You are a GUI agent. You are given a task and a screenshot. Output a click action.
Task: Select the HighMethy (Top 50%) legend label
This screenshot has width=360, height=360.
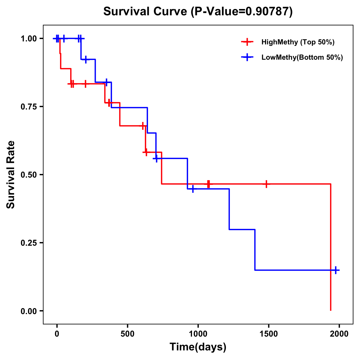click(x=298, y=42)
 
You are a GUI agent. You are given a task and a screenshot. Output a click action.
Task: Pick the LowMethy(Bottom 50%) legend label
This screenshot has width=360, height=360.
click(x=302, y=58)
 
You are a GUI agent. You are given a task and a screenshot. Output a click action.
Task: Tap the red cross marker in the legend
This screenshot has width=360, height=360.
click(x=247, y=42)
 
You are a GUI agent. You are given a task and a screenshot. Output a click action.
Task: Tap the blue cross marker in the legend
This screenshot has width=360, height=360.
click(x=247, y=58)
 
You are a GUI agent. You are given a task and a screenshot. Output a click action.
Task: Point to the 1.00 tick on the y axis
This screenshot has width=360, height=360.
click(x=28, y=39)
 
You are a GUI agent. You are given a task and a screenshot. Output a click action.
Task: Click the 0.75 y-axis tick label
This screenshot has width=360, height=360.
click(x=28, y=107)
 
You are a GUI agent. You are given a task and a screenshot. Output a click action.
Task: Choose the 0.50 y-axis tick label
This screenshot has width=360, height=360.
click(x=28, y=175)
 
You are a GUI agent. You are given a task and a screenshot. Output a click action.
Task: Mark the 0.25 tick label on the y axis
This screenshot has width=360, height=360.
click(x=28, y=243)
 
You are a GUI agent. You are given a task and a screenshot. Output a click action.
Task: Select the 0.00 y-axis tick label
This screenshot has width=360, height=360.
click(x=28, y=311)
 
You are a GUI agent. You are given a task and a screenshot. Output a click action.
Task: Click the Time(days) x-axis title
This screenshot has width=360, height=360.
click(x=198, y=347)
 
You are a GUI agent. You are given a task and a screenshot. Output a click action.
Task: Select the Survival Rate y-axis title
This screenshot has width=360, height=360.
click(x=11, y=175)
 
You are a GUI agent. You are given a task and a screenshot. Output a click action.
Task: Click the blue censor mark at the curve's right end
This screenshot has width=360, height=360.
click(x=336, y=270)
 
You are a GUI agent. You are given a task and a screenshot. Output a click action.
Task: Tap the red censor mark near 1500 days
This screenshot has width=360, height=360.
click(x=266, y=184)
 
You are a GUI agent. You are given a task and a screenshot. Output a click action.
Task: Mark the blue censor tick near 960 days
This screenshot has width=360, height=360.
click(x=193, y=189)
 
